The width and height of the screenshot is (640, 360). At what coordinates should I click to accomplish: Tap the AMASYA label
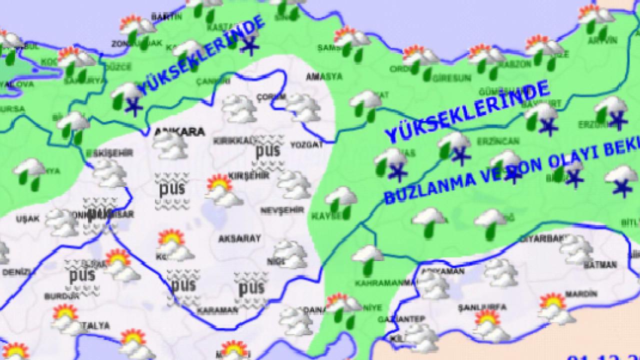[x=324, y=77]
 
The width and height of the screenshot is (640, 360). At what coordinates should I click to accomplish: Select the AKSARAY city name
[x=239, y=239]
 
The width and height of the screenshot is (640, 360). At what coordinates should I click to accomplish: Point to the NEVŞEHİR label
[x=282, y=210]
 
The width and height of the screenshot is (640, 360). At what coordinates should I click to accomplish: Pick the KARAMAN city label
[x=217, y=310]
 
